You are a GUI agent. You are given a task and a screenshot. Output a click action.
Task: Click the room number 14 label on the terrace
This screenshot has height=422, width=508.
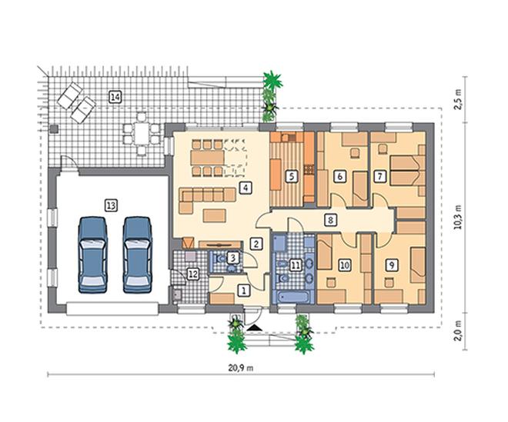tap(115, 97)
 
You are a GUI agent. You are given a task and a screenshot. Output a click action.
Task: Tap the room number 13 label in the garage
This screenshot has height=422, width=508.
tap(111, 205)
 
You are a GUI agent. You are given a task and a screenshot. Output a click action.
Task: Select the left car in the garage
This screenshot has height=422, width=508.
tap(93, 255)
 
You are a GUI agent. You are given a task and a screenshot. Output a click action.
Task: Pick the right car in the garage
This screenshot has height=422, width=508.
tap(138, 255)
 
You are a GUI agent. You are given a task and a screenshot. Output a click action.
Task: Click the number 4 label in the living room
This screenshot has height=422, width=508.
tap(246, 188)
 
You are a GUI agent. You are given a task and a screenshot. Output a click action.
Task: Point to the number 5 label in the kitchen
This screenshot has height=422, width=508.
tap(292, 177)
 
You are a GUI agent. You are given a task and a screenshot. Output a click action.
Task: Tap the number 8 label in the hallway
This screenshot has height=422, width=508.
tap(330, 220)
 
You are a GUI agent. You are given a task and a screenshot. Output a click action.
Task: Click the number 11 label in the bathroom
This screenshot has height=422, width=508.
tap(295, 266)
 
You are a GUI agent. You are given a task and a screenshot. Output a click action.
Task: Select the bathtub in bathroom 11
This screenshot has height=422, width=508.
tap(292, 297)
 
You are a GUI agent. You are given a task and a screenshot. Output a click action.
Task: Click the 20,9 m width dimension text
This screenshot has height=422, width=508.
tap(241, 368)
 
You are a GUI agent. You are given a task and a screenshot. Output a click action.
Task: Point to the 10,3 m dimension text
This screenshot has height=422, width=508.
tap(457, 218)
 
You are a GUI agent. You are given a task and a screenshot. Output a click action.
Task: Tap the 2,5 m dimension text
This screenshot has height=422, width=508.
tap(457, 99)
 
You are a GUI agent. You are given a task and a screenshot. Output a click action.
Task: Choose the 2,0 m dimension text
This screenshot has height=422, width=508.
tap(457, 331)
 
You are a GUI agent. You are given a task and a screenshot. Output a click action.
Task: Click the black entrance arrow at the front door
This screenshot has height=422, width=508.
tap(254, 327)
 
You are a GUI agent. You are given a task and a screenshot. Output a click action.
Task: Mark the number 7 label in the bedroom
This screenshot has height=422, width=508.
tap(380, 177)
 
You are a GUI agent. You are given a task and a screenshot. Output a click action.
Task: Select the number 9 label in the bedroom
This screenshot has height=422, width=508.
tap(392, 265)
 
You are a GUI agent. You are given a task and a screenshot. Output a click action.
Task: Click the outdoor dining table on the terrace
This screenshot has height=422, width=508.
tap(142, 134)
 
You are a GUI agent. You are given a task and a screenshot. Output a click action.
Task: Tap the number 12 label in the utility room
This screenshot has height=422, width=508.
tap(192, 274)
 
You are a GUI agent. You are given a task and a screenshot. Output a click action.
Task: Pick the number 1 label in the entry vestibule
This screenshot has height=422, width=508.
tap(244, 291)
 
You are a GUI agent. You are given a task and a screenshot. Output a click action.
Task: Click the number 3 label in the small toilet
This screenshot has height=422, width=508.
tap(232, 258)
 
